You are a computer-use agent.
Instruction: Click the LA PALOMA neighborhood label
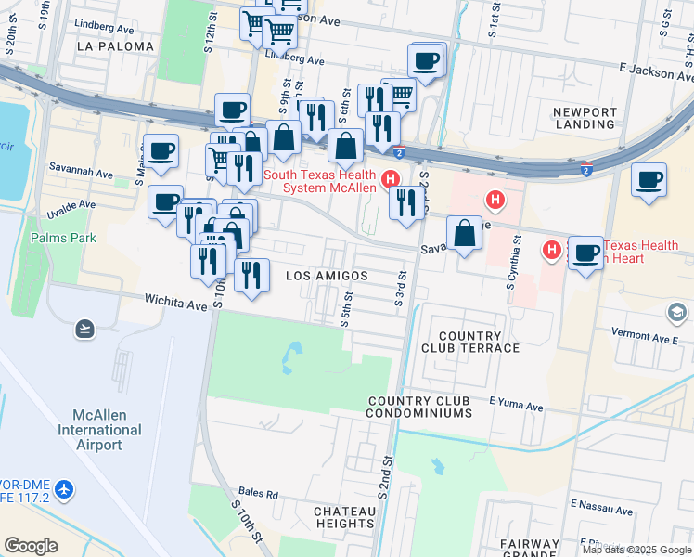click(116, 45)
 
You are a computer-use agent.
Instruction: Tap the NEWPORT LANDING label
click(585, 118)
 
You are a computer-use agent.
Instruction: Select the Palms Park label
click(63, 238)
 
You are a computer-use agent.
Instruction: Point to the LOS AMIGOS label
click(327, 276)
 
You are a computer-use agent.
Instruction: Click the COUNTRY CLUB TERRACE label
click(470, 342)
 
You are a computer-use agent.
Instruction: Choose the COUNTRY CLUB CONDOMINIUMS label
click(431, 408)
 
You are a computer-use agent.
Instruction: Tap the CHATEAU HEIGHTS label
click(344, 517)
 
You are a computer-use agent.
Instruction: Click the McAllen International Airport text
click(100, 430)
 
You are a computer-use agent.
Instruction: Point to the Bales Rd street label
click(258, 495)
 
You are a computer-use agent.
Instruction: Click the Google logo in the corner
click(31, 545)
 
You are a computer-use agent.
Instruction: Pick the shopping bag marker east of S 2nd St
click(464, 235)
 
